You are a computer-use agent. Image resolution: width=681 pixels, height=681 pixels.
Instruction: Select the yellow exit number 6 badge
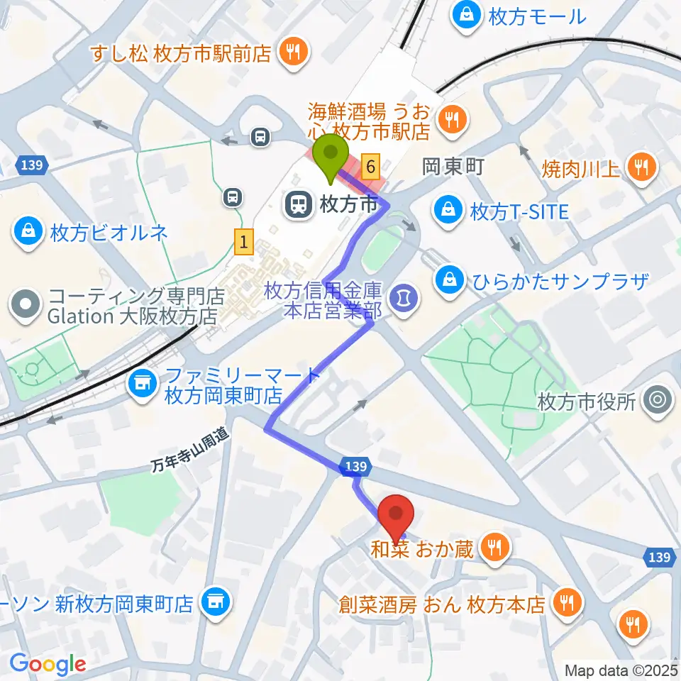[370, 167]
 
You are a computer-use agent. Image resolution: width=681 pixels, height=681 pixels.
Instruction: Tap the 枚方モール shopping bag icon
[467, 15]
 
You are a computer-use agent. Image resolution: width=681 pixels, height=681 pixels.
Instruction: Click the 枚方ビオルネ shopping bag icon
[27, 233]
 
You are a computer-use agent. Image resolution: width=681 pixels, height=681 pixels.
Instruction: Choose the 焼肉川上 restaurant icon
[643, 167]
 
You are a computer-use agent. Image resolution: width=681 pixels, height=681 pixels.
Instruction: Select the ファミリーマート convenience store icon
[143, 384]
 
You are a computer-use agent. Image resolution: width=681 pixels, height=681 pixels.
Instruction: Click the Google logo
[47, 664]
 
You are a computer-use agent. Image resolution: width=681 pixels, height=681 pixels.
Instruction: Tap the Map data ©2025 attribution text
[620, 669]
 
